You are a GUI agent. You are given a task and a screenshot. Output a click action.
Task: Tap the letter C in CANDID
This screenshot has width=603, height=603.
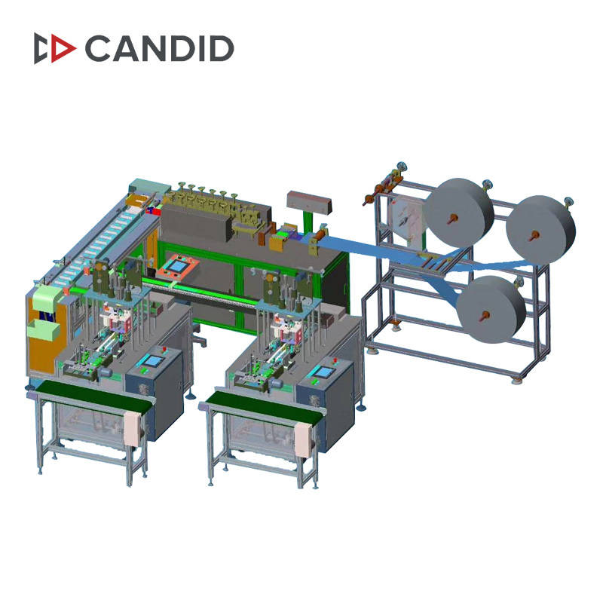[99, 48]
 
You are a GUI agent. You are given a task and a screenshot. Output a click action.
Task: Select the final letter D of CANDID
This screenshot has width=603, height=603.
[219, 48]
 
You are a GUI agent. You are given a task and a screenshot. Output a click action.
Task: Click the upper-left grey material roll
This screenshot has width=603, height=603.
[460, 213]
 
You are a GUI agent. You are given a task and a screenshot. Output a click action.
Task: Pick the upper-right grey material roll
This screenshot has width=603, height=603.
[540, 230]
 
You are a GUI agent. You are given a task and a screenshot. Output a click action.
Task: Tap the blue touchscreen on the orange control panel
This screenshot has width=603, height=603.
[177, 266]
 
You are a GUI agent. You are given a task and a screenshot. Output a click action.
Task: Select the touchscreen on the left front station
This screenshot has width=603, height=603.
[152, 362]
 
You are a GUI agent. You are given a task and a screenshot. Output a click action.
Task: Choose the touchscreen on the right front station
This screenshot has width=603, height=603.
[323, 372]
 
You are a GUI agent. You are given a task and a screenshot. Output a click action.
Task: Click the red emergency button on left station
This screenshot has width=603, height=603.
[164, 349]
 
